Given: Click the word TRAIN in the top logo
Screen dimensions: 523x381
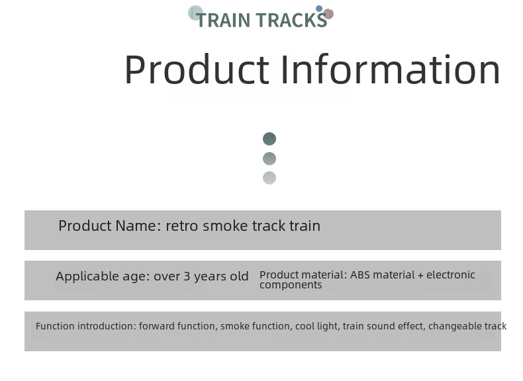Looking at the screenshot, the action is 223,21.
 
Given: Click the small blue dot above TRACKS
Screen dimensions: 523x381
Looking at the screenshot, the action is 319,9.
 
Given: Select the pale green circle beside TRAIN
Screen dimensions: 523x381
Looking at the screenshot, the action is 195,13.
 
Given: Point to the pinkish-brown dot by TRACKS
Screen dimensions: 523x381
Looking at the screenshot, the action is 328,14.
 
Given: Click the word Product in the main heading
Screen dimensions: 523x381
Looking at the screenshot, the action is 197,69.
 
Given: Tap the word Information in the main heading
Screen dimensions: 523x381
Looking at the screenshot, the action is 391,69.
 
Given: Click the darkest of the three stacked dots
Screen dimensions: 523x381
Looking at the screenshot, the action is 269,139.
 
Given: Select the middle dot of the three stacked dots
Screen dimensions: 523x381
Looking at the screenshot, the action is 269,159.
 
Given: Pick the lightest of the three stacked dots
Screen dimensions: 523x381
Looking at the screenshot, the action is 269,178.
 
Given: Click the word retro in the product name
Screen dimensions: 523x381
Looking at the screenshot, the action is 182,226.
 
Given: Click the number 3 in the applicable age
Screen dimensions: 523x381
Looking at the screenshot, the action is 187,276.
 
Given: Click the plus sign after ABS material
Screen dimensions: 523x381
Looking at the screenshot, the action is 420,276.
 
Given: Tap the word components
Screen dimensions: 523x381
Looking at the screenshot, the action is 291,285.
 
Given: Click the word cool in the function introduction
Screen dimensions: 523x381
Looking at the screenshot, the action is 305,326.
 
